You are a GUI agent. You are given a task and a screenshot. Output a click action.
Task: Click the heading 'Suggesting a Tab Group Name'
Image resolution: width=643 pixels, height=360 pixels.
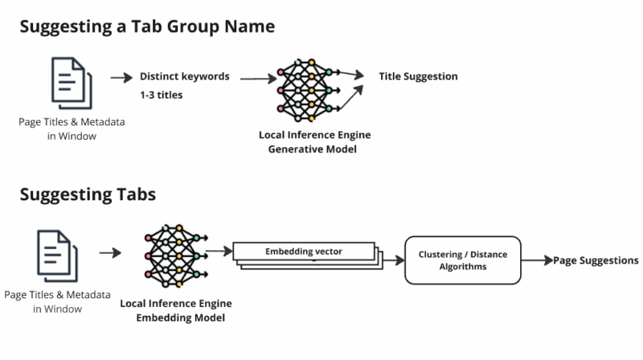(147, 27)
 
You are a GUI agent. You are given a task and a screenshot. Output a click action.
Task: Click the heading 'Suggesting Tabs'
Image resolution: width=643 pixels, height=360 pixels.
(88, 194)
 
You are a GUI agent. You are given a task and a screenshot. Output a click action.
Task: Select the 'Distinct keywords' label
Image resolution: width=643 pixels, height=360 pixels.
(185, 77)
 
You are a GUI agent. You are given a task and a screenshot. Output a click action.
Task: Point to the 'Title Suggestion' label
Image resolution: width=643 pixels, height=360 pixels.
(418, 77)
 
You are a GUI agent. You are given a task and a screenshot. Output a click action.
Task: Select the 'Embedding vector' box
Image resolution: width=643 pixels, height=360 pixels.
(304, 252)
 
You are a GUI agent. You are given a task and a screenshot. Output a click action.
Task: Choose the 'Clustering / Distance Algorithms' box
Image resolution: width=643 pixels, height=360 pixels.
(462, 260)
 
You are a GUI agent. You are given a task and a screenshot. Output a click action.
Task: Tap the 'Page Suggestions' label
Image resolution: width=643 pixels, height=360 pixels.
(596, 260)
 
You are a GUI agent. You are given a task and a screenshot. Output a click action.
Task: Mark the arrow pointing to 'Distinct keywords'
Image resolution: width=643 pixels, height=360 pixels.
(121, 78)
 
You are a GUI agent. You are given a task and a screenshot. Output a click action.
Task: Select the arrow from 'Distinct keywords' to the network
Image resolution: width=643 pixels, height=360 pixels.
(256, 79)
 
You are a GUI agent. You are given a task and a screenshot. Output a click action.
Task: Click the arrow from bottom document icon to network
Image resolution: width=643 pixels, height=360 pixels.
(110, 253)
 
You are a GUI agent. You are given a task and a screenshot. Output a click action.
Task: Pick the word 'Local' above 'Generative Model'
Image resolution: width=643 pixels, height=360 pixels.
(273, 134)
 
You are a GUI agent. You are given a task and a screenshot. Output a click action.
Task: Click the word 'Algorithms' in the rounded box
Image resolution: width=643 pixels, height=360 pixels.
(462, 268)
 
